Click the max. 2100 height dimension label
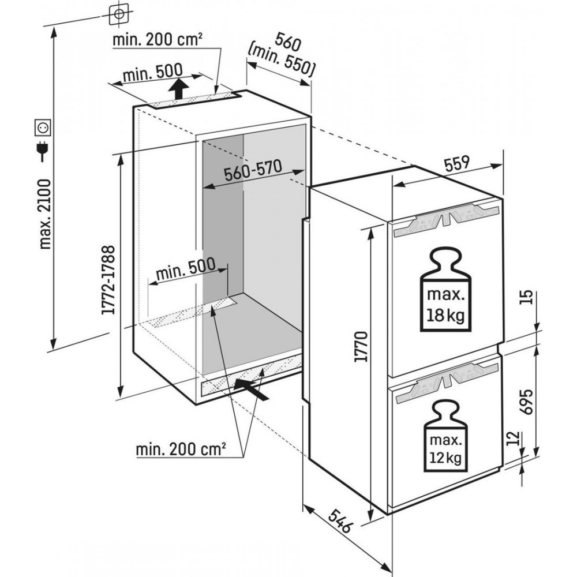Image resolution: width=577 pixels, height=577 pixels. click(x=45, y=214)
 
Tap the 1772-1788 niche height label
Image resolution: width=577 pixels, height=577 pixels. click(x=108, y=280)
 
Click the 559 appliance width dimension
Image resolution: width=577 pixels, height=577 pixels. click(x=458, y=163)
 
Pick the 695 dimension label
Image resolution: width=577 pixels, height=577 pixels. click(x=527, y=402)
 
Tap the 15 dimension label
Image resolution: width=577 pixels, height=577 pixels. click(x=526, y=297)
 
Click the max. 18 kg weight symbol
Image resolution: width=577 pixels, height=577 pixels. click(x=445, y=289)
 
